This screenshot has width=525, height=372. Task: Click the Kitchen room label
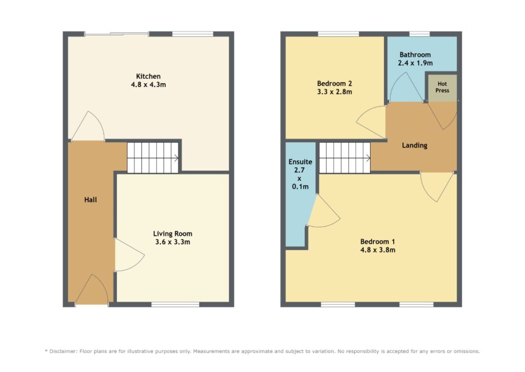148,77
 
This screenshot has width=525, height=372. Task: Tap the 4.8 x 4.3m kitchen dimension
148,85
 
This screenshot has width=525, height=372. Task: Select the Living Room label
173,234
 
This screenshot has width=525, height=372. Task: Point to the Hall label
90,200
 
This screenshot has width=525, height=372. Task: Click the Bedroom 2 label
334,84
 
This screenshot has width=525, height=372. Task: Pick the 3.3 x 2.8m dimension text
334,92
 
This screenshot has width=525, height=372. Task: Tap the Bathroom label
415,54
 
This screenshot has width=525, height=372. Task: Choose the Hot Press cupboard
442,87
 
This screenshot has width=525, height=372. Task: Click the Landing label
414,145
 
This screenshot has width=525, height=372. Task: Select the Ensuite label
300,162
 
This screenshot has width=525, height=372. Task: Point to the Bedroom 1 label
378,241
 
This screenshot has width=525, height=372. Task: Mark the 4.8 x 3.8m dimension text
378,250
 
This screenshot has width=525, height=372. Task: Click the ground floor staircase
153,158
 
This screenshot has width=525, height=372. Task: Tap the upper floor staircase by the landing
345,158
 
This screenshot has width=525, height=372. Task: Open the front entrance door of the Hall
92,289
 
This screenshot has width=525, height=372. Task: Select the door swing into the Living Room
130,255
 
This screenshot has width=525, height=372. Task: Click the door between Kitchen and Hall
88,126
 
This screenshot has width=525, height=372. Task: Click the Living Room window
175,305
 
